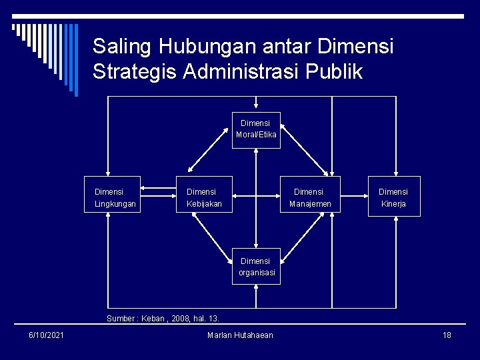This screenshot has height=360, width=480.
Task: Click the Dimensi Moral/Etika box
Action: tap(256, 130)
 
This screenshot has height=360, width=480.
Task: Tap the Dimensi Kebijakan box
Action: tap(204, 197)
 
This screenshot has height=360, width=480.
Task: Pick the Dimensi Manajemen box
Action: tap(310, 197)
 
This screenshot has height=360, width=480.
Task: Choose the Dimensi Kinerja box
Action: tap(395, 197)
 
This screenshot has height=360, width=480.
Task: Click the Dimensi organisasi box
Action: tap(256, 267)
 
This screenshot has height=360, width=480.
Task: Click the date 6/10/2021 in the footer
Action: tap(46, 335)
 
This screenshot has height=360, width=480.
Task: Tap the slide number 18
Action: tap(447, 335)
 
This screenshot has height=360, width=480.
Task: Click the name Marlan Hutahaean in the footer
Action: tap(240, 335)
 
